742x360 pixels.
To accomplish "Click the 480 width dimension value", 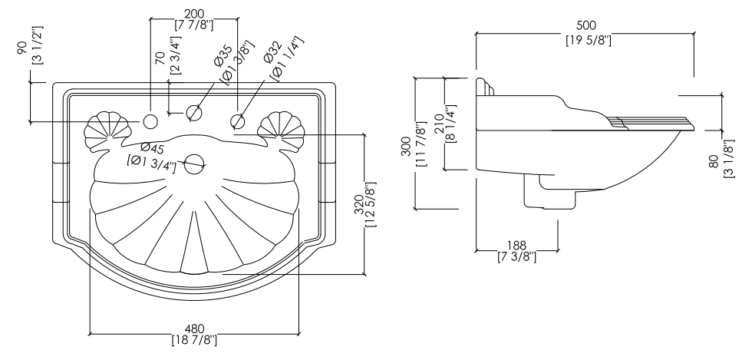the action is (x=194, y=329).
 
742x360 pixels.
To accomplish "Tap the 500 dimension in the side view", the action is (x=585, y=25).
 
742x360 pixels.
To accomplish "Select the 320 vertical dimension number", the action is (x=358, y=205).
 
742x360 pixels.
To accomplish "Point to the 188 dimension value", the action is (x=516, y=246).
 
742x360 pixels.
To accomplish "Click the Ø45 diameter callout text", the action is (x=153, y=148).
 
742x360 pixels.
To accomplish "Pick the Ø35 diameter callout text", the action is (x=223, y=55).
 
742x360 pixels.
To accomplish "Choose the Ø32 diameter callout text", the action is (x=273, y=52).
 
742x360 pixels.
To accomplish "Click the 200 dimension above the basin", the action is (x=194, y=15).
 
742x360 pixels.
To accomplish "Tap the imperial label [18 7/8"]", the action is (x=194, y=339).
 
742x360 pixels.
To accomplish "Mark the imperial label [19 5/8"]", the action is (x=589, y=40).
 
